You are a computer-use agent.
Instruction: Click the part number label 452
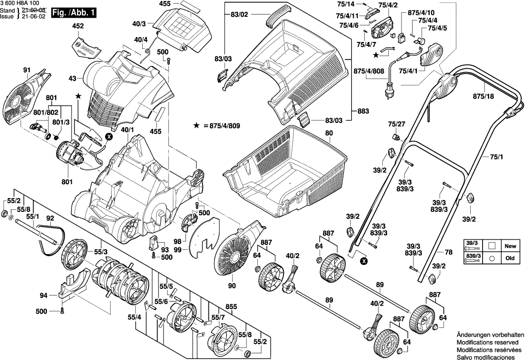tap(78, 26)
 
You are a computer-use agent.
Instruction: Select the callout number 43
tap(73, 79)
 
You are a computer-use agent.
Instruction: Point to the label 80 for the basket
tap(329, 133)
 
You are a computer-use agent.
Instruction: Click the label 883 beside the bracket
tap(363, 111)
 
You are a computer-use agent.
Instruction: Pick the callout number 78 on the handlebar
tap(448, 252)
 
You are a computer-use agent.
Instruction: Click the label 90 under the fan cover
tap(232, 285)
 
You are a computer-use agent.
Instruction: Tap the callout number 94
tap(44, 296)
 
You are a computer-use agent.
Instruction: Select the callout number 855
tap(231, 306)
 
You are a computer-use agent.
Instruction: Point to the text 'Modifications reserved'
tap(487, 342)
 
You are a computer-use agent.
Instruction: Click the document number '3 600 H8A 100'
tap(20, 3)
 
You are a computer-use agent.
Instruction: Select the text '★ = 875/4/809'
tap(217, 126)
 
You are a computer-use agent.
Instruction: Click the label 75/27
tap(396, 124)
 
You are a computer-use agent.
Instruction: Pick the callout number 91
tap(26, 70)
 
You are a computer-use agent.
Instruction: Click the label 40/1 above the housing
tap(127, 130)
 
